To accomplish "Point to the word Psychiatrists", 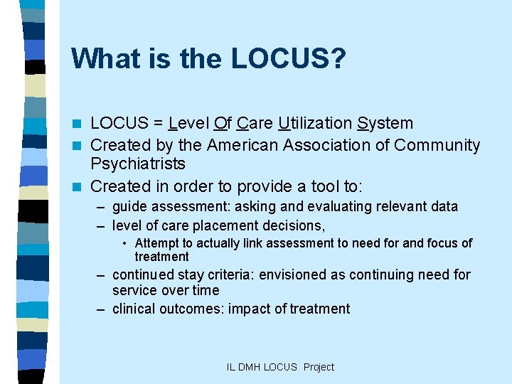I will (138, 164).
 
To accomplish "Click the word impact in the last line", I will (247, 309).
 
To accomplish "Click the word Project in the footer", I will (319, 367).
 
